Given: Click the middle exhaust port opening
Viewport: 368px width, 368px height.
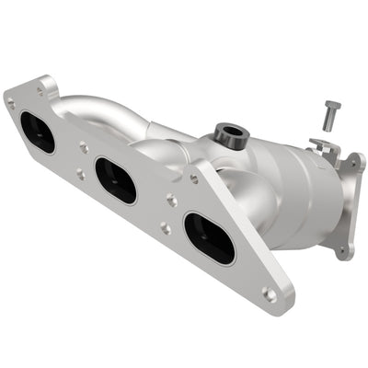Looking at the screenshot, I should click(x=116, y=180).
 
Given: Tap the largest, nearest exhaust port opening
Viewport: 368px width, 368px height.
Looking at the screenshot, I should click(x=209, y=238).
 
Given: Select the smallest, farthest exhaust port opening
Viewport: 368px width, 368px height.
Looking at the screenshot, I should click(x=37, y=132).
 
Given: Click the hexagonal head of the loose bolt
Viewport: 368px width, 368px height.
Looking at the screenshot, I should click(x=332, y=109).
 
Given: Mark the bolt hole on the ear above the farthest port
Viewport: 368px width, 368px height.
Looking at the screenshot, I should click(x=40, y=90).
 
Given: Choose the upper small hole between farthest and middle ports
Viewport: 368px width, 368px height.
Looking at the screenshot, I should click(x=84, y=144).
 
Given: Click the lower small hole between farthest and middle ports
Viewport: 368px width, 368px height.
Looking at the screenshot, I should click(x=79, y=174).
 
